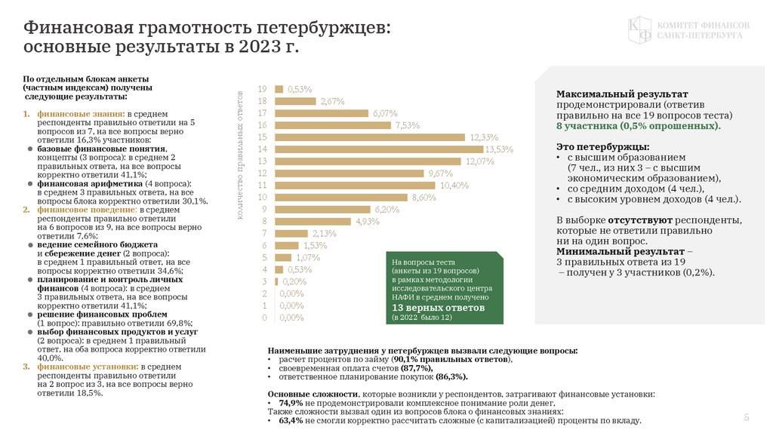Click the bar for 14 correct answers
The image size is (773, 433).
[379, 149]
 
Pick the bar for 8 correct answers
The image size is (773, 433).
[313, 221]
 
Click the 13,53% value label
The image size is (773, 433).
[499, 149]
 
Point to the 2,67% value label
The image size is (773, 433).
[332, 101]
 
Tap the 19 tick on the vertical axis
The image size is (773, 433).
[263, 89]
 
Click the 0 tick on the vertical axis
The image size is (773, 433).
[264, 318]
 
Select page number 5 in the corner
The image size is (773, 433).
[747, 417]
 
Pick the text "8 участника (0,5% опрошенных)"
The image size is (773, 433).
[638, 126]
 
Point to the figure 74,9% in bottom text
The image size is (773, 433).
[291, 404]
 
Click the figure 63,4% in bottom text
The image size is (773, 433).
[291, 421]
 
